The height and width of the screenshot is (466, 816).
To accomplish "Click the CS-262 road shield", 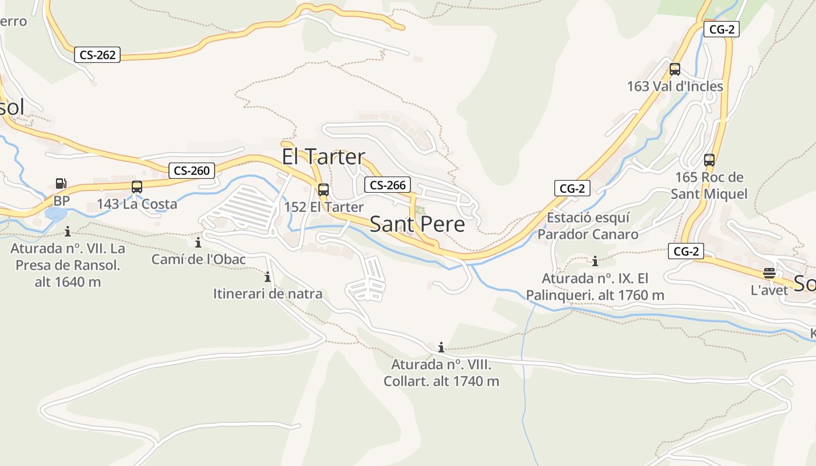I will click(x=97, y=55).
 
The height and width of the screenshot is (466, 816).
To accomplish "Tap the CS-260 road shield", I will click(x=191, y=171).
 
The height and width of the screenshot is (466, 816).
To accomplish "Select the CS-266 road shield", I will click(x=388, y=185).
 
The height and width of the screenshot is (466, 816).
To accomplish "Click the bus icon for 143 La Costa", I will click(x=137, y=187).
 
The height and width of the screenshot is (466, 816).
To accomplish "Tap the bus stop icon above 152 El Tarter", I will click(x=323, y=190).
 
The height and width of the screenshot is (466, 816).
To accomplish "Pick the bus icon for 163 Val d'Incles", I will click(x=675, y=69).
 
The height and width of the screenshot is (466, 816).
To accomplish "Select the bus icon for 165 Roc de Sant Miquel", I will click(x=709, y=160).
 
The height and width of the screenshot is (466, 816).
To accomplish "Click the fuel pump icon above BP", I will click(x=61, y=184).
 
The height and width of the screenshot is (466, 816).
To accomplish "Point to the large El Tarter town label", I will click(x=323, y=157).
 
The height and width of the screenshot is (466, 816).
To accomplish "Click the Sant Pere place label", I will click(x=417, y=224).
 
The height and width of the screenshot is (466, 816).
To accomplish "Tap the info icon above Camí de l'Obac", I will click(x=198, y=242).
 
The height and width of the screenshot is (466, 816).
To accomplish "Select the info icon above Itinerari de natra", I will click(x=268, y=277).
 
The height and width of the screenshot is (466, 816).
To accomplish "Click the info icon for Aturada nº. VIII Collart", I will click(x=441, y=348).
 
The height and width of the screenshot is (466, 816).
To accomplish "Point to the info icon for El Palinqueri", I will click(x=595, y=261).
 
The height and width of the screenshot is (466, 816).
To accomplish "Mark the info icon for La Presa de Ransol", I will click(x=68, y=232).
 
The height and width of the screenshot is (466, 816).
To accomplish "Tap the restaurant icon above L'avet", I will click(x=769, y=273).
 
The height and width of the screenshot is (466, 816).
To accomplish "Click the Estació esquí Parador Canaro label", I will click(x=588, y=226).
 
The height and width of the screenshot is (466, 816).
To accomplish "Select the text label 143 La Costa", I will click(x=136, y=204).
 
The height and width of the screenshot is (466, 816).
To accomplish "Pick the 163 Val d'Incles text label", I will click(x=675, y=87).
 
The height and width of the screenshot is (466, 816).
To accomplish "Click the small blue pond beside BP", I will click(x=55, y=214).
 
